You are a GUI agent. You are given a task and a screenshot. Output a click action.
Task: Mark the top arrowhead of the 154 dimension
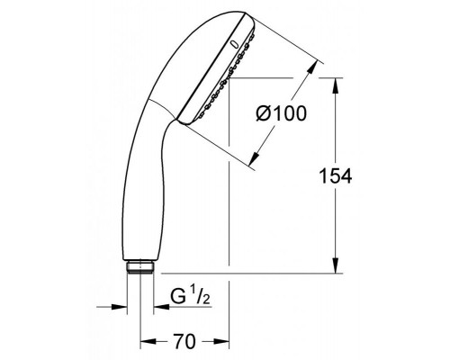337,83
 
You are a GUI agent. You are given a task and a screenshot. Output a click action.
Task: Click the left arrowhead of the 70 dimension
147,344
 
